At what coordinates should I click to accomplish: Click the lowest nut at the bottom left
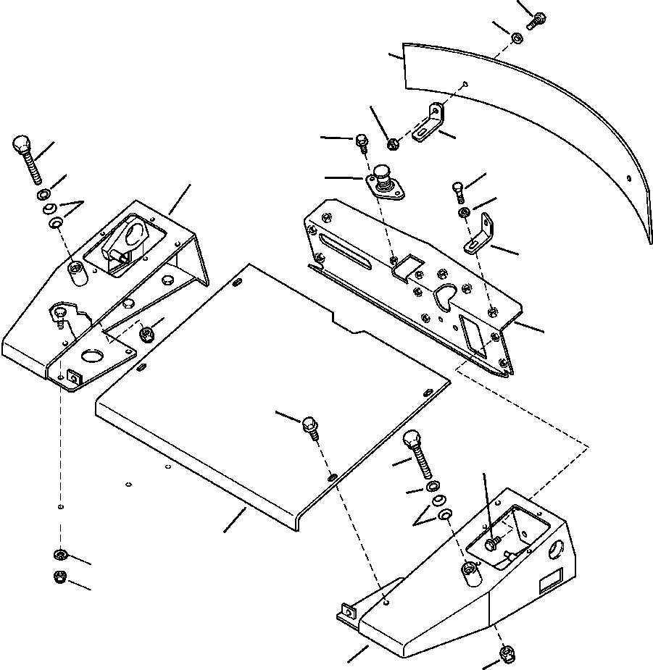tap(60, 577)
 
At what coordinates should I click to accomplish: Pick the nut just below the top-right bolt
tap(517, 38)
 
